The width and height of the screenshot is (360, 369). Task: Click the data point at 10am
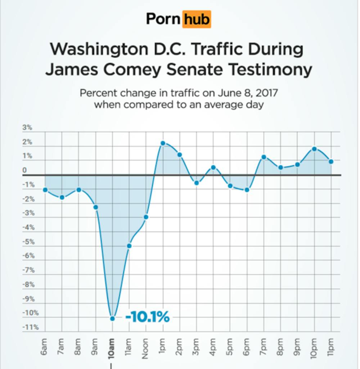(112, 318)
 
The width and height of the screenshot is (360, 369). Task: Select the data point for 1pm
(163, 143)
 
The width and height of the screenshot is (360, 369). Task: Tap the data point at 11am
(129, 246)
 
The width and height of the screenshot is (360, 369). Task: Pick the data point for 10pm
(314, 149)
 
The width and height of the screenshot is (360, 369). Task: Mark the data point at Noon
(146, 217)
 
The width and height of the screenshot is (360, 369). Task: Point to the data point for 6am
(45, 190)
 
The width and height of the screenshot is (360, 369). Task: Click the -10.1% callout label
(147, 317)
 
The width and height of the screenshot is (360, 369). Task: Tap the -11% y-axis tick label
(31, 327)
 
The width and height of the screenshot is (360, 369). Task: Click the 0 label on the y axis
(24, 170)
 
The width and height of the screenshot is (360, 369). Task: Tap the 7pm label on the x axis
(264, 347)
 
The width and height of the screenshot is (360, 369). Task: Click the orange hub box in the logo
(197, 19)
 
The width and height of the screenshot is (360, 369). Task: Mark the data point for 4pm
(213, 167)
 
